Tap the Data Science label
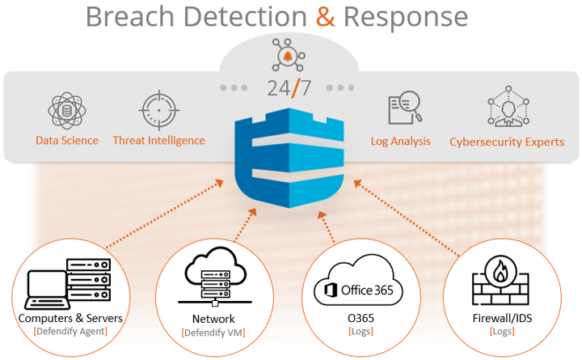tap(67, 141)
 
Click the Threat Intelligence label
tap(158, 141)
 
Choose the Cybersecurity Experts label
tap(507, 142)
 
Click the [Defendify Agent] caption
tap(70, 332)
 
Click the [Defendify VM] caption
tap(213, 332)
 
